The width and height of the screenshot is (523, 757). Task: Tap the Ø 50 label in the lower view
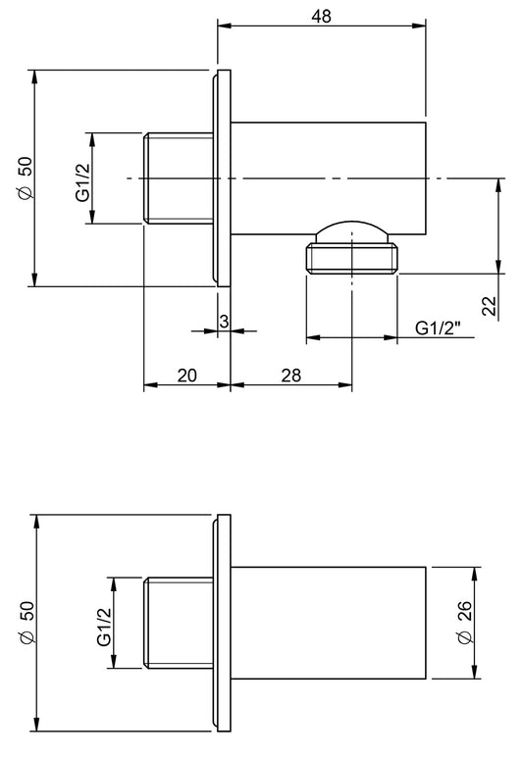26,623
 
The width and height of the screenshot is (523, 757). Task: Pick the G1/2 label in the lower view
104,625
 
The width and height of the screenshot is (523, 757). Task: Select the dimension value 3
224,321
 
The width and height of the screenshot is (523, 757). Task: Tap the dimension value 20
187,375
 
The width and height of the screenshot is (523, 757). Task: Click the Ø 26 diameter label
466,623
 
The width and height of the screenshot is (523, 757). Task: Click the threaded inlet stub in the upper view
178,179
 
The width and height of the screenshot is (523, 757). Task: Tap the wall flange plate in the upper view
221,178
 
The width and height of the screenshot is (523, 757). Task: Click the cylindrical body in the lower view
329,623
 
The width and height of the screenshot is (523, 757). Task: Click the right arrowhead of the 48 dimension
421,26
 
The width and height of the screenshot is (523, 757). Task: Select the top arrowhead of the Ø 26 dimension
476,572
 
